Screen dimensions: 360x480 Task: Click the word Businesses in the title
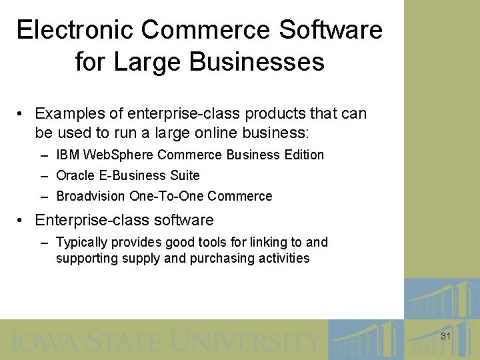tap(257, 62)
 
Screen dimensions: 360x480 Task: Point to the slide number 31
tap(446, 337)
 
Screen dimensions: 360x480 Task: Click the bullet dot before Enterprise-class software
tap(22, 220)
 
